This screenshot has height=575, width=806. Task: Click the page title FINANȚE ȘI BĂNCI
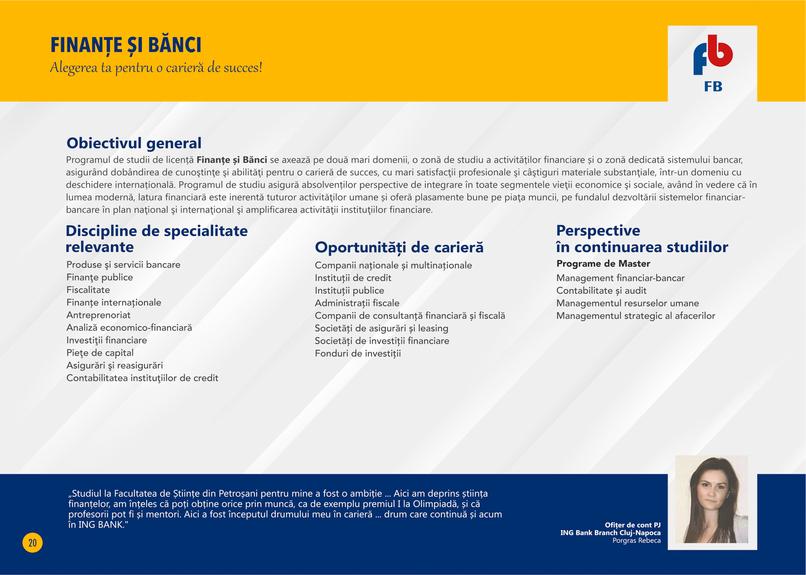coord(126,46)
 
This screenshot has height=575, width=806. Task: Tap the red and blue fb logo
coord(713,55)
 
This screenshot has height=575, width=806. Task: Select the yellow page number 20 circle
coord(32,543)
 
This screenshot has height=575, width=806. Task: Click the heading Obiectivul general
coord(134,143)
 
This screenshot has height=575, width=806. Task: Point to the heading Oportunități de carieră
coord(399,247)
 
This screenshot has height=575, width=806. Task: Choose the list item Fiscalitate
coord(88,290)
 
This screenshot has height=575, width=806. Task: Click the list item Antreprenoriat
coord(98,315)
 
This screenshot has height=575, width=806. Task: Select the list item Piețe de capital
coord(100,353)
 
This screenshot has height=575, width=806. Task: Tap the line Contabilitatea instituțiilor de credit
coord(142,378)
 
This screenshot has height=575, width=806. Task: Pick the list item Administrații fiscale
coord(357,303)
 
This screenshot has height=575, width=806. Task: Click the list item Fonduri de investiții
coord(358,354)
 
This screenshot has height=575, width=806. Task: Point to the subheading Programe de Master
coord(603,264)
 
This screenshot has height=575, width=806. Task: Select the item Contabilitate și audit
coord(601,291)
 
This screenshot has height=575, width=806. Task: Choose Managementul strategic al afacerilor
coord(635,316)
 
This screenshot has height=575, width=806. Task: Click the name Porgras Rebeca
coord(637,540)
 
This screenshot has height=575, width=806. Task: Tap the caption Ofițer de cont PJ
coord(633,525)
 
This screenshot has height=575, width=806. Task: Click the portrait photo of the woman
coord(712,499)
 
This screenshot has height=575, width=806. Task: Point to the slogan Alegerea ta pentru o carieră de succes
coord(156,68)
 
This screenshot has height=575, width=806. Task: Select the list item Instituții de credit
coord(353,278)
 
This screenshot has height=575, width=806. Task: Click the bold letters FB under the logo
coord(713,86)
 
